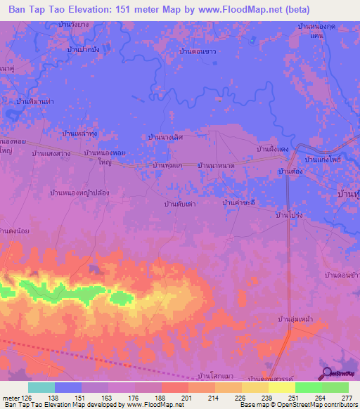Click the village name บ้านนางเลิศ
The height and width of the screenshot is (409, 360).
tap(165, 137)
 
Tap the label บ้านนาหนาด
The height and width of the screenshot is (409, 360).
tap(215, 165)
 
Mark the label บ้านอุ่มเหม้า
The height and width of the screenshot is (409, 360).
tap(295, 319)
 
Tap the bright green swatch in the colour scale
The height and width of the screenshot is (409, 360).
tap(308, 387)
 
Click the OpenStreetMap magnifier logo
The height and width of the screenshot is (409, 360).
tap(326, 373)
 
